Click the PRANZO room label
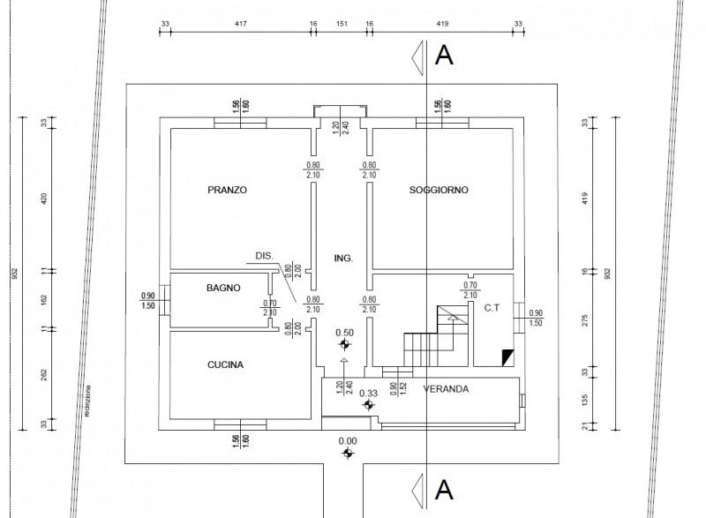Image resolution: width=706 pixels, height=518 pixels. [x=227, y=190]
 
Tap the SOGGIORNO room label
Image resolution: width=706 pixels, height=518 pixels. [x=439, y=190]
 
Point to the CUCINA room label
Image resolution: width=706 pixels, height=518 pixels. [x=225, y=364]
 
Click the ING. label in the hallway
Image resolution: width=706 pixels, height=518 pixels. [x=343, y=259]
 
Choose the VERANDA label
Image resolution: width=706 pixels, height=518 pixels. [x=445, y=388]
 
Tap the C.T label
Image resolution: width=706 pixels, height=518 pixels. [x=492, y=308]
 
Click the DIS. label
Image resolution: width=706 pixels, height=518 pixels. [x=263, y=256]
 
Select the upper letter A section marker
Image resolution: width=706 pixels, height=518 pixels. [x=445, y=56]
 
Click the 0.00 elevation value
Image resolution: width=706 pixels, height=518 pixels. [x=348, y=441]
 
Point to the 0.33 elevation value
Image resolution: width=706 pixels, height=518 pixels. [x=370, y=394]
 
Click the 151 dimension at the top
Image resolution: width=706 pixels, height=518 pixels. [x=341, y=24]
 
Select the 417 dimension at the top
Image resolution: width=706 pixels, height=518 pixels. [x=237, y=24]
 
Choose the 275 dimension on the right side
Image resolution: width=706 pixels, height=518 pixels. [x=586, y=320]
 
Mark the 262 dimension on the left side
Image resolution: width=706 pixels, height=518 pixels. [x=43, y=374]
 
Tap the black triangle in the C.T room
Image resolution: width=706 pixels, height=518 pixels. [x=507, y=357]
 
